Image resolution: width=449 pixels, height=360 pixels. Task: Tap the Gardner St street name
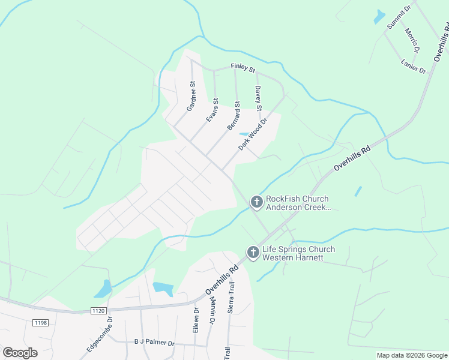coord(191,97)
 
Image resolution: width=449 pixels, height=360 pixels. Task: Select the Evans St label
coord(212,110)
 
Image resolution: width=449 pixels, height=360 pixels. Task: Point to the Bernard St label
coord(234,116)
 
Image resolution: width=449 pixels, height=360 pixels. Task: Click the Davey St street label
coord(259,98)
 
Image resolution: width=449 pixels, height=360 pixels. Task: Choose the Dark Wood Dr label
coord(252,134)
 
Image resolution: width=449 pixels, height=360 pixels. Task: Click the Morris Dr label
coord(412,40)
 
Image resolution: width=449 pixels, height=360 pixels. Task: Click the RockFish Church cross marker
coord(256,203)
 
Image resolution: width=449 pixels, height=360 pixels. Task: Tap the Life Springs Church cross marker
coord(253,253)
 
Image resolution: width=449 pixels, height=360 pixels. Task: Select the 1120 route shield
coord(99,310)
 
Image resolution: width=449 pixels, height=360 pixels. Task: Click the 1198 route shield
coord(40,323)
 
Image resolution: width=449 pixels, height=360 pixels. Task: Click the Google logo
coord(20,352)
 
